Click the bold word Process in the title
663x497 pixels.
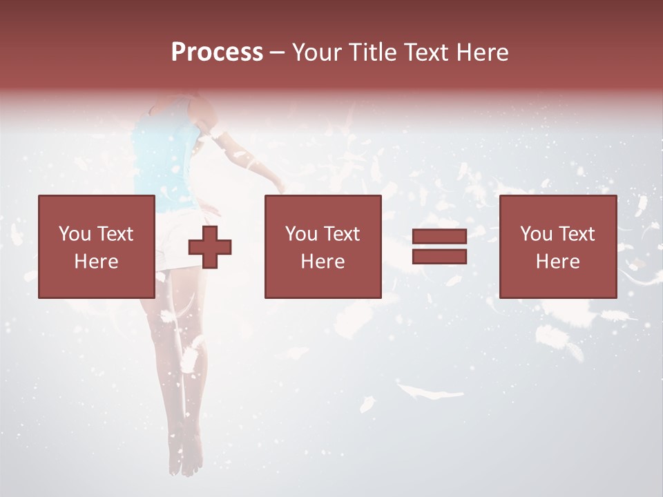coord(217,52)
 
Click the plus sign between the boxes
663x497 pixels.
coord(210,247)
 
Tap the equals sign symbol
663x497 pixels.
coord(439,247)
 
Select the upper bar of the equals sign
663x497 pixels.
coord(439,237)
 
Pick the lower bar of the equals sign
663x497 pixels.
coord(439,257)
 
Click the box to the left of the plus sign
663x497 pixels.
coord(97,246)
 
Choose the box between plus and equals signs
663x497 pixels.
coord(323,246)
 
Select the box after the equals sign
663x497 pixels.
coord(557,246)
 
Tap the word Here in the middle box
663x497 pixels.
coord(323,262)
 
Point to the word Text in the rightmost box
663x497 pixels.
coord(575,234)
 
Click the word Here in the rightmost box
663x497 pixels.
coord(557,262)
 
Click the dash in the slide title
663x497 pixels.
coord(278,52)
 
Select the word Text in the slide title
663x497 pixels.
coord(423,52)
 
